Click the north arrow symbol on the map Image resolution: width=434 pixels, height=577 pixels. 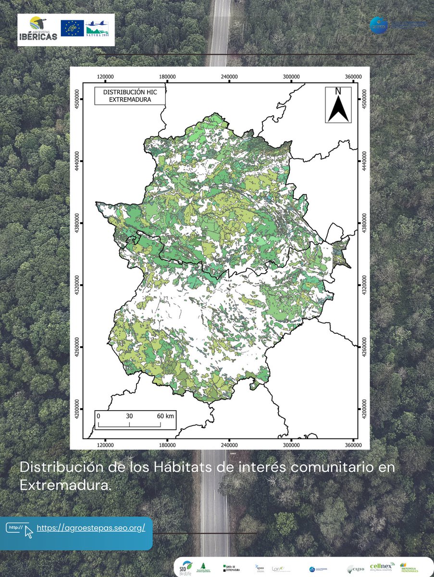tap(338, 105)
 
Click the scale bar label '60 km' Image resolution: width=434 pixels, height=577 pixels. tap(165, 416)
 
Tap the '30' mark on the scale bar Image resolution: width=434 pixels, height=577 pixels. tap(129, 416)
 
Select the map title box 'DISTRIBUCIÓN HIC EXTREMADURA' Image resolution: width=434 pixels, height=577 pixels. tap(130, 96)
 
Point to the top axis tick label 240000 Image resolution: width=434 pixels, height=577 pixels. tap(229, 76)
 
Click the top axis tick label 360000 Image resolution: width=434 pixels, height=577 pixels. tap(354, 76)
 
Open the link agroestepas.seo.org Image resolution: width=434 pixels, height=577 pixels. tap(91, 528)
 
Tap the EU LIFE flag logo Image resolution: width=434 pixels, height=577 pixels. tap(72, 28)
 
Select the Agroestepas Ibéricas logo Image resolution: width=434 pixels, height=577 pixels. tap(39, 29)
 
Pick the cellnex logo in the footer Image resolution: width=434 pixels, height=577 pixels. tap(382, 567)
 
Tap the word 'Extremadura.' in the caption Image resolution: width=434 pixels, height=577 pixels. tap(65, 485)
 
